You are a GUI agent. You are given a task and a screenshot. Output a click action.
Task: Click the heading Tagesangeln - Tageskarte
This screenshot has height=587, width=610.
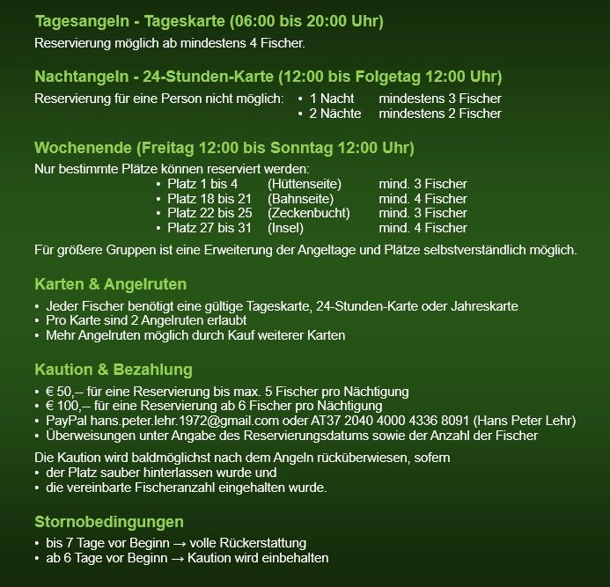tap(209, 20)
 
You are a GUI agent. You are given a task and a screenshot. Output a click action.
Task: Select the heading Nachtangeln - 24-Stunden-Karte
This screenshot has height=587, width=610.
tap(268, 77)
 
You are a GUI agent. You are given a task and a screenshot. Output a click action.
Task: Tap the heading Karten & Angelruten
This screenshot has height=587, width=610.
tap(110, 285)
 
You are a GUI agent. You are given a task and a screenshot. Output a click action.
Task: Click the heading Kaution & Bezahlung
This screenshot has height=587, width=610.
tap(113, 370)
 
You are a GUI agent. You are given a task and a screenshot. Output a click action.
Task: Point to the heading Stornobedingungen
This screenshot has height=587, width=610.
tap(109, 521)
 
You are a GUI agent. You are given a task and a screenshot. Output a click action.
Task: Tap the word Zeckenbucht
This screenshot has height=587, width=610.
tap(309, 213)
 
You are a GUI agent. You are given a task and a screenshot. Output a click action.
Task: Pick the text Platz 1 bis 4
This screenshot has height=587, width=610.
tap(202, 184)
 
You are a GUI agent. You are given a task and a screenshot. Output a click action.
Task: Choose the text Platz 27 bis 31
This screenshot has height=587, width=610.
tap(209, 227)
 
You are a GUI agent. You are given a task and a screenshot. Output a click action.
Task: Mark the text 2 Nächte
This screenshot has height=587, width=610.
tap(331, 114)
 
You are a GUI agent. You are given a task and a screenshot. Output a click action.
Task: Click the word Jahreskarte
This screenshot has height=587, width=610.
tap(488, 306)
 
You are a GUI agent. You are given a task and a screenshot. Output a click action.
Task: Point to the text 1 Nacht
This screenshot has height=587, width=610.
tap(332, 99)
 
